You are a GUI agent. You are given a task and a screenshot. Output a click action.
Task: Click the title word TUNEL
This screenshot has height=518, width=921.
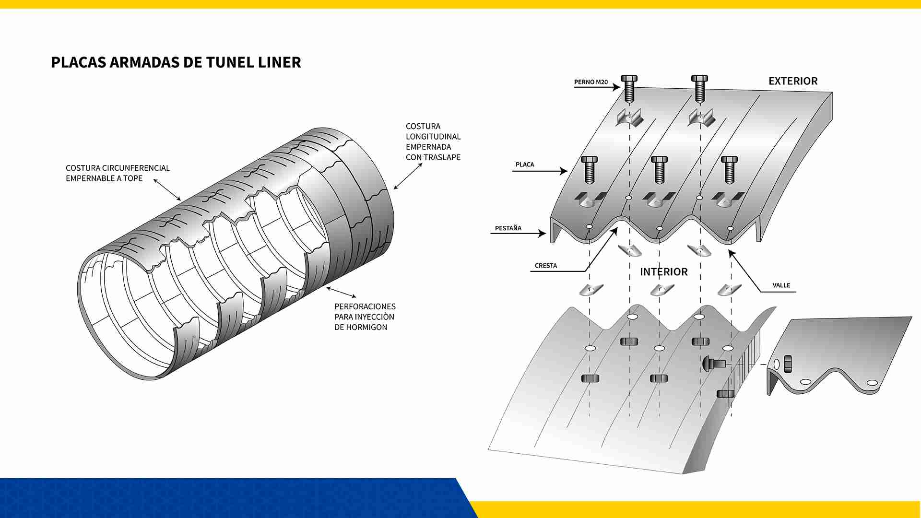pos(230,62)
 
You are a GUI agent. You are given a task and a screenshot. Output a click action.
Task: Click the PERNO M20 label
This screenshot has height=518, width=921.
pos(590,82)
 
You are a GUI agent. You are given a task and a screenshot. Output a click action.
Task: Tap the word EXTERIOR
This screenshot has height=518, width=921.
pos(792,81)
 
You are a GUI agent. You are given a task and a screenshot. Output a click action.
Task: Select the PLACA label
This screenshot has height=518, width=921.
pos(524,165)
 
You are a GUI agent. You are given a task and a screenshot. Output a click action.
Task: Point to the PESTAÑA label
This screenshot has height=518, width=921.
pos(508,228)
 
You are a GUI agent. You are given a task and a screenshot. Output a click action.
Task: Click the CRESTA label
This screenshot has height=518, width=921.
pos(545,266)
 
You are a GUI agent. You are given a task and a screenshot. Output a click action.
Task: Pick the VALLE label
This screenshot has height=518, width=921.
pos(781,285)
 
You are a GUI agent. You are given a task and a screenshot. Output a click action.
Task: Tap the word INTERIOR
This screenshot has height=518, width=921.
pos(663,272)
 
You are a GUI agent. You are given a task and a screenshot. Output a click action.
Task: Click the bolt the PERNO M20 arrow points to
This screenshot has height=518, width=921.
pos(629,89)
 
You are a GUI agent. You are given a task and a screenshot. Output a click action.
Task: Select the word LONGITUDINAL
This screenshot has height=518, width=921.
pos(433,137)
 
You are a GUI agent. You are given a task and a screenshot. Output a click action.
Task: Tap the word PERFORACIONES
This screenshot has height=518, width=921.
pos(365,306)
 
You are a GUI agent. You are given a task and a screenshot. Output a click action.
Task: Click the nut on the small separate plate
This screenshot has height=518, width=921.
pos(787,364)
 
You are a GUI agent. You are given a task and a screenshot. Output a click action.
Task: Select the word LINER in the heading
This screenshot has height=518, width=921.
pos(279,62)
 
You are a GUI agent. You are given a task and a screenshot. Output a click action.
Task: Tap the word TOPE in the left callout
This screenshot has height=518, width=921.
pos(133,178)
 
